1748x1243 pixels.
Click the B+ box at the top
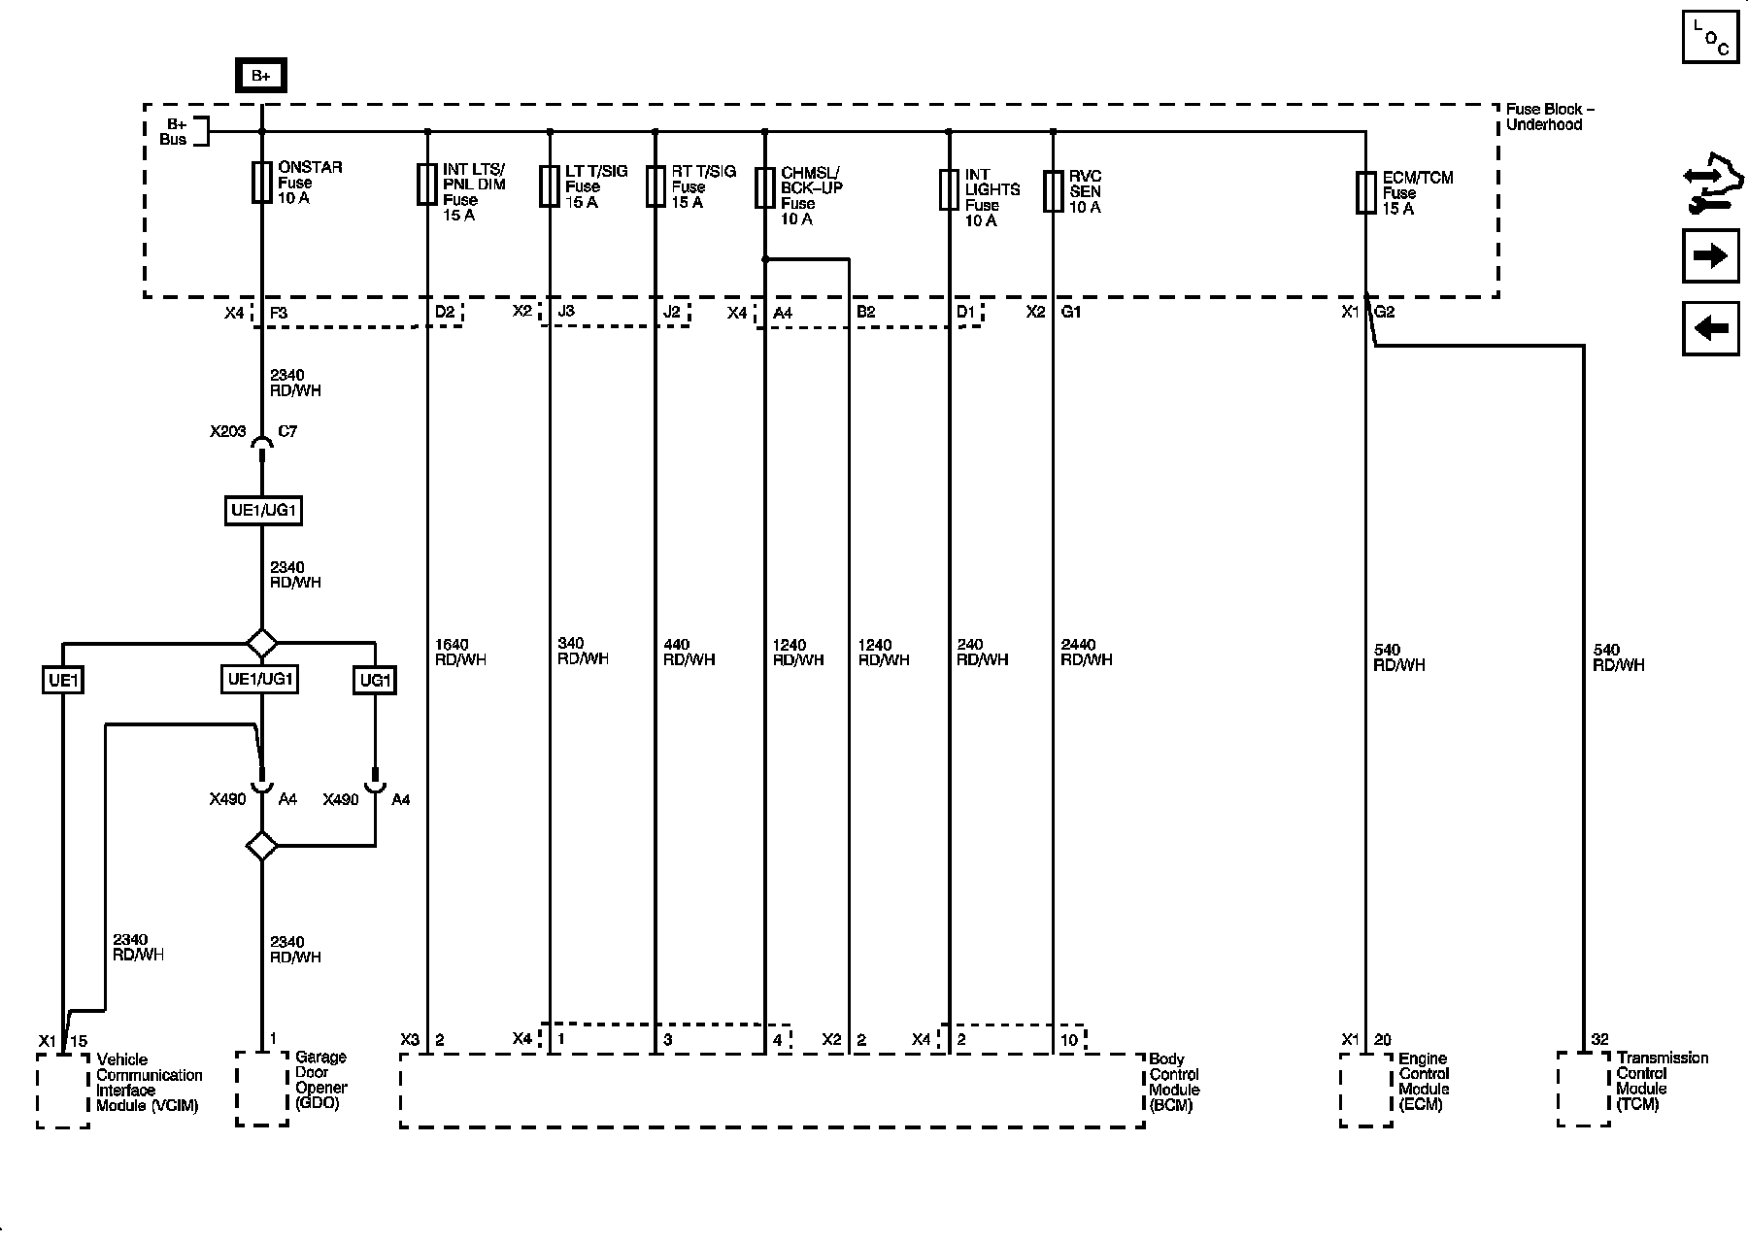[260, 76]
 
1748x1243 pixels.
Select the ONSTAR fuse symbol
[261, 183]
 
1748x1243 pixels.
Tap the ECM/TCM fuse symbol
[1365, 192]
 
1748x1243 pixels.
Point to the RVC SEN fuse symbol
[1053, 190]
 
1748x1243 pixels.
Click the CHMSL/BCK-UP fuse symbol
[765, 187]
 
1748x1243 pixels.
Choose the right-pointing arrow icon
[1710, 256]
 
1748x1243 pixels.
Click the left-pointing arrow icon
[1710, 328]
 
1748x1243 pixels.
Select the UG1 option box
[375, 680]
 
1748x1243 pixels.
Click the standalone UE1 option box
[63, 680]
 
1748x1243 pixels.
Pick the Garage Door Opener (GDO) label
[321, 1080]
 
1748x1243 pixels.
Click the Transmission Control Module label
[1662, 1081]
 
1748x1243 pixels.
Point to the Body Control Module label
[1174, 1082]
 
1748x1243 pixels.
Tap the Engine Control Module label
[1424, 1081]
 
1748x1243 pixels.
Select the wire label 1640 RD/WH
[460, 652]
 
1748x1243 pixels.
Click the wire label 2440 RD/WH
[1086, 652]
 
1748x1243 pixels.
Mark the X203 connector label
[227, 431]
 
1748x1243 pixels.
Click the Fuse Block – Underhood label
[1550, 117]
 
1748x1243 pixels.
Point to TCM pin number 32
[1599, 1040]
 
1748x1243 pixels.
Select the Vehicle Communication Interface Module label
[149, 1083]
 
